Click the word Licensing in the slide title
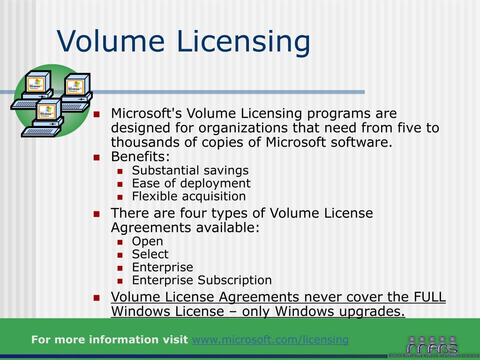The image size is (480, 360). pyautogui.click(x=244, y=41)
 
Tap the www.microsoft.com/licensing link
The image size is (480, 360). pyautogui.click(x=270, y=340)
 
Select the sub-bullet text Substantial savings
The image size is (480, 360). pyautogui.click(x=190, y=170)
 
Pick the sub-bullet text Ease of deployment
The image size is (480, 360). pyautogui.click(x=191, y=183)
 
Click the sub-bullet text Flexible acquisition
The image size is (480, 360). pyautogui.click(x=189, y=196)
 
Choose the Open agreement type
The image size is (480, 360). pyautogui.click(x=148, y=241)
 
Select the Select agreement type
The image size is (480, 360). pyautogui.click(x=150, y=255)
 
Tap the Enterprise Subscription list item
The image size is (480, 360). pyautogui.click(x=202, y=280)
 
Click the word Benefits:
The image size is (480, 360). pyautogui.click(x=140, y=156)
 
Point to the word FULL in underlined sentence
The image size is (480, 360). pyautogui.click(x=429, y=297)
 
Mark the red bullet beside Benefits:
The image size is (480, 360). pyautogui.click(x=97, y=157)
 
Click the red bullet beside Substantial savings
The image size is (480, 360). pyautogui.click(x=120, y=171)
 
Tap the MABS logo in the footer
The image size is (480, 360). pyautogui.click(x=432, y=346)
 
